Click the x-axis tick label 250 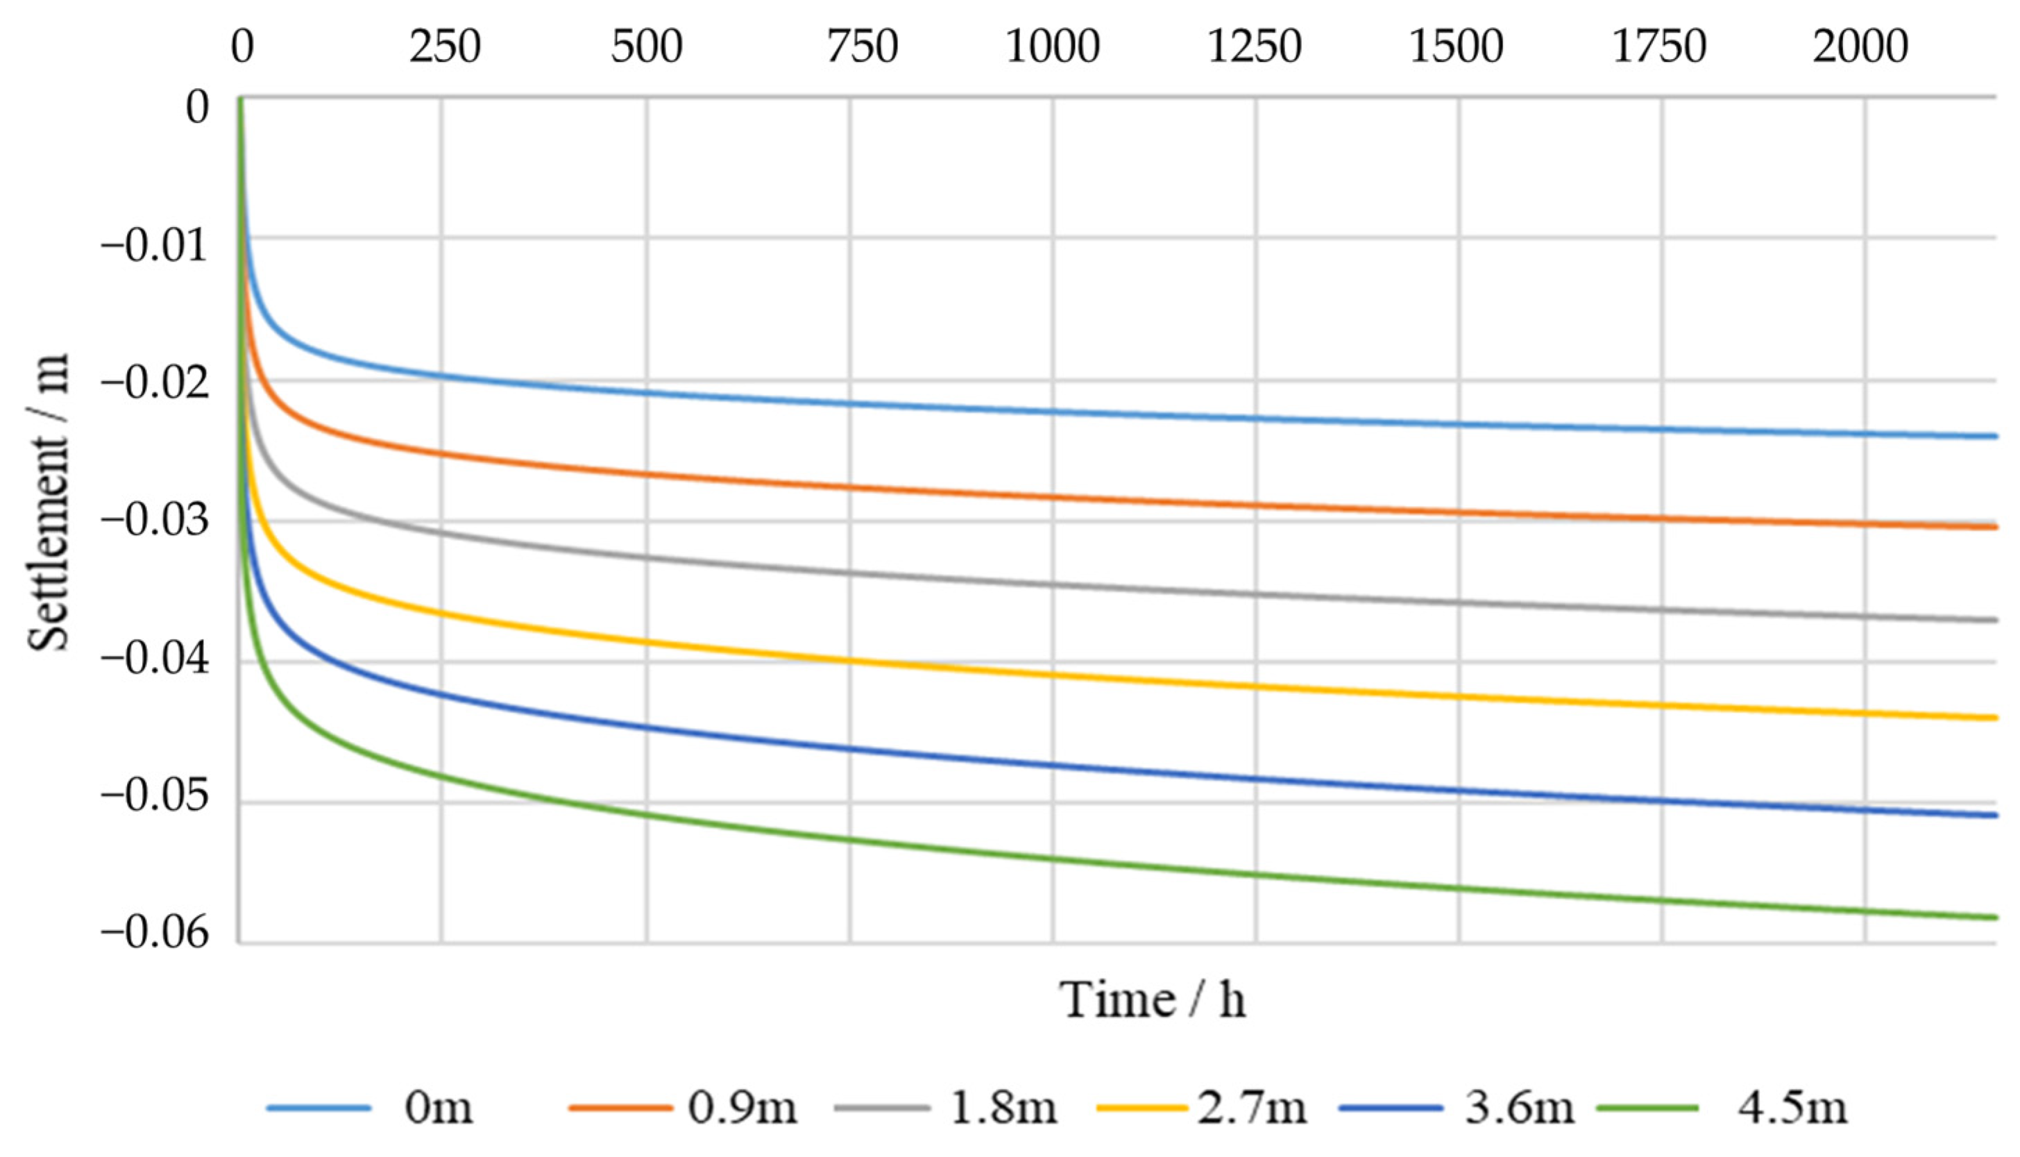point(444,46)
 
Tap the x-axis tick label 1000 point(1053,46)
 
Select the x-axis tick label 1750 point(1659,46)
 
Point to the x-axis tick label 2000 point(1861,46)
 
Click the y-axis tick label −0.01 point(154,246)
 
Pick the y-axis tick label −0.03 point(154,521)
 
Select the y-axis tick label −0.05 point(154,796)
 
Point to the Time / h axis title point(1152,999)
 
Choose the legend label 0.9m point(742,1108)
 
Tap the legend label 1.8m point(1003,1108)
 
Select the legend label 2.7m point(1252,1108)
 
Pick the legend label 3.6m point(1519,1108)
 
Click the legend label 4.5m point(1792,1108)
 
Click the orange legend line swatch point(620,1108)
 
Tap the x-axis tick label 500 point(647,46)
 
